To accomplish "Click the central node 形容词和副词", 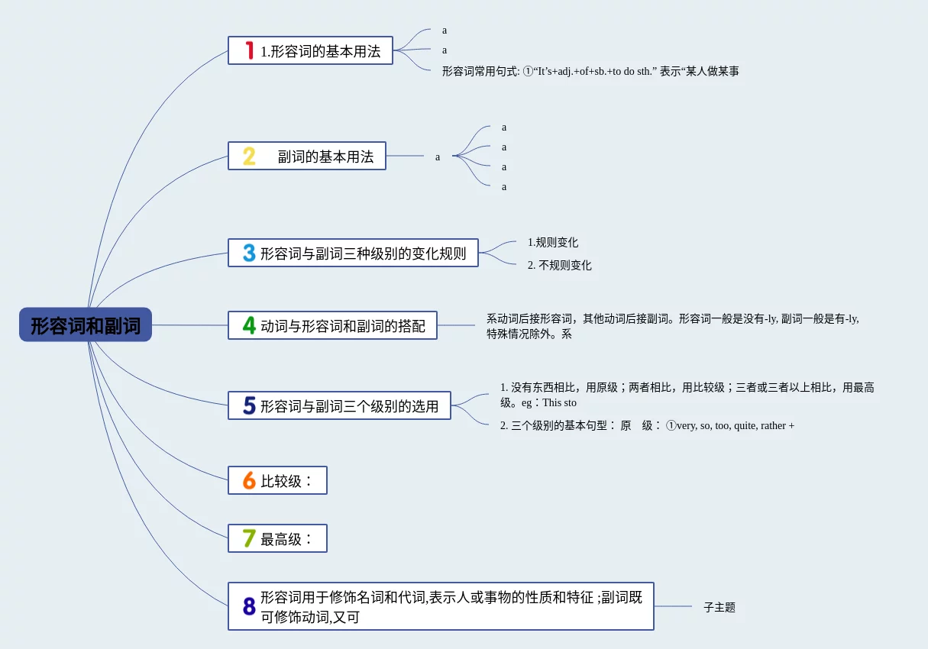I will [x=86, y=325].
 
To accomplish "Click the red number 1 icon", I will [x=249, y=50].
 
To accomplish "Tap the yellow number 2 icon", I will [x=249, y=157].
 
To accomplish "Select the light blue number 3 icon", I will [x=249, y=253].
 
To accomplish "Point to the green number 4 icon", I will [x=249, y=325].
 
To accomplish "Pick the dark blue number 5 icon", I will [x=249, y=405].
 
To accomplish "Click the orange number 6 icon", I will [x=249, y=480].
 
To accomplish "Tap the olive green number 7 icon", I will [x=249, y=538].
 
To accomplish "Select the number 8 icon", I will [x=249, y=606].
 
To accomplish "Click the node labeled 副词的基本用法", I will [x=325, y=157].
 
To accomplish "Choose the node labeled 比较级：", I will [x=287, y=481].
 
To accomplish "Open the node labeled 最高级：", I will [x=287, y=539].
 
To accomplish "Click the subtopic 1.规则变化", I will [x=553, y=242].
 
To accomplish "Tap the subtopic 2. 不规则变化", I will [x=560, y=265].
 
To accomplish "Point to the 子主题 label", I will [x=719, y=607].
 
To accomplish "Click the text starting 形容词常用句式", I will [x=590, y=71].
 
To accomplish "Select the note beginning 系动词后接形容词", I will [x=672, y=326].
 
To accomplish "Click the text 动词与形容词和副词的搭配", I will [x=343, y=326].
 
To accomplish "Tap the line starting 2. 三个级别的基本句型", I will [x=647, y=425].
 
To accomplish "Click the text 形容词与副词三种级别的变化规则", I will [x=363, y=253].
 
